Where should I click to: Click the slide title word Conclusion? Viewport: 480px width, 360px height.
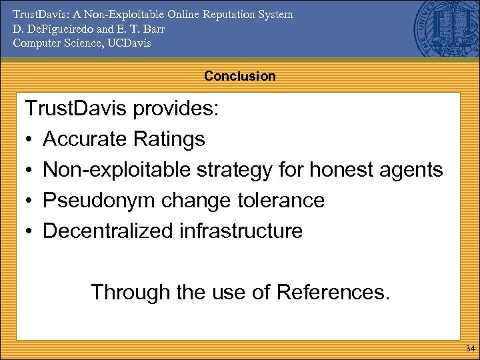(x=239, y=76)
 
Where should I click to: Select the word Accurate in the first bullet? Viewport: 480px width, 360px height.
(x=85, y=139)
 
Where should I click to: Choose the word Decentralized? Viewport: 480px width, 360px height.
(x=108, y=231)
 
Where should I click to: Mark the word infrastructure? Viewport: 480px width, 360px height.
(x=241, y=231)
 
